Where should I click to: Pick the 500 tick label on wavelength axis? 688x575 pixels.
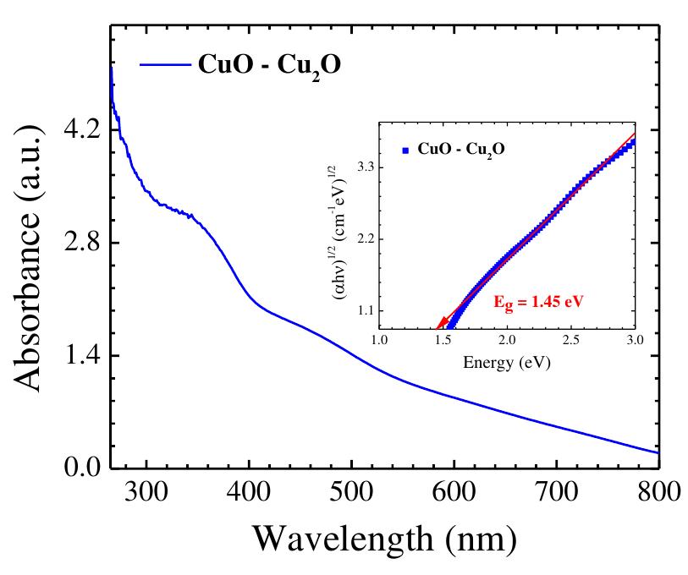click(351, 492)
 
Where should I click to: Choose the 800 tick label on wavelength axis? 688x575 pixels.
click(655, 492)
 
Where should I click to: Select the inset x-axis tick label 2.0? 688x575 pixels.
click(507, 340)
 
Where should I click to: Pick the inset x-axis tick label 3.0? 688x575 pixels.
click(634, 340)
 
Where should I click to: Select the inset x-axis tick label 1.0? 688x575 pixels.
click(380, 340)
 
